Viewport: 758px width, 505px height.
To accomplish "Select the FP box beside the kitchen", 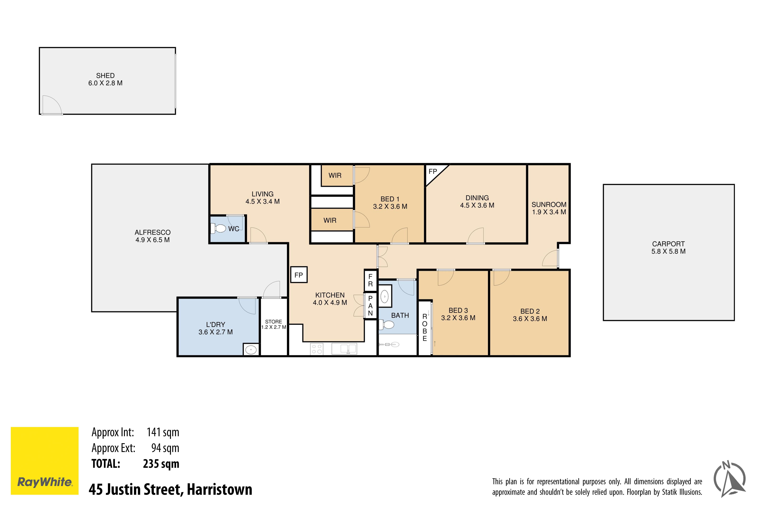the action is [299, 275].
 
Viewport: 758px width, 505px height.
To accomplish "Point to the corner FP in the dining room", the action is [433, 172].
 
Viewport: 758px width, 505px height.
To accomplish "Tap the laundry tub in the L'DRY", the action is [251, 349].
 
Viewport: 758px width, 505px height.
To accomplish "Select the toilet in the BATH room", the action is [386, 325].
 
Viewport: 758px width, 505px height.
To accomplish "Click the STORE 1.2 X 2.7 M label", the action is [274, 324].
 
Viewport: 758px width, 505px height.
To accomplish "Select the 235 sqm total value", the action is [161, 464].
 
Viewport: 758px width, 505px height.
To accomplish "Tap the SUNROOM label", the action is [549, 204].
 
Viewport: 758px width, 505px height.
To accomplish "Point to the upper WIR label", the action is [335, 176].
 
